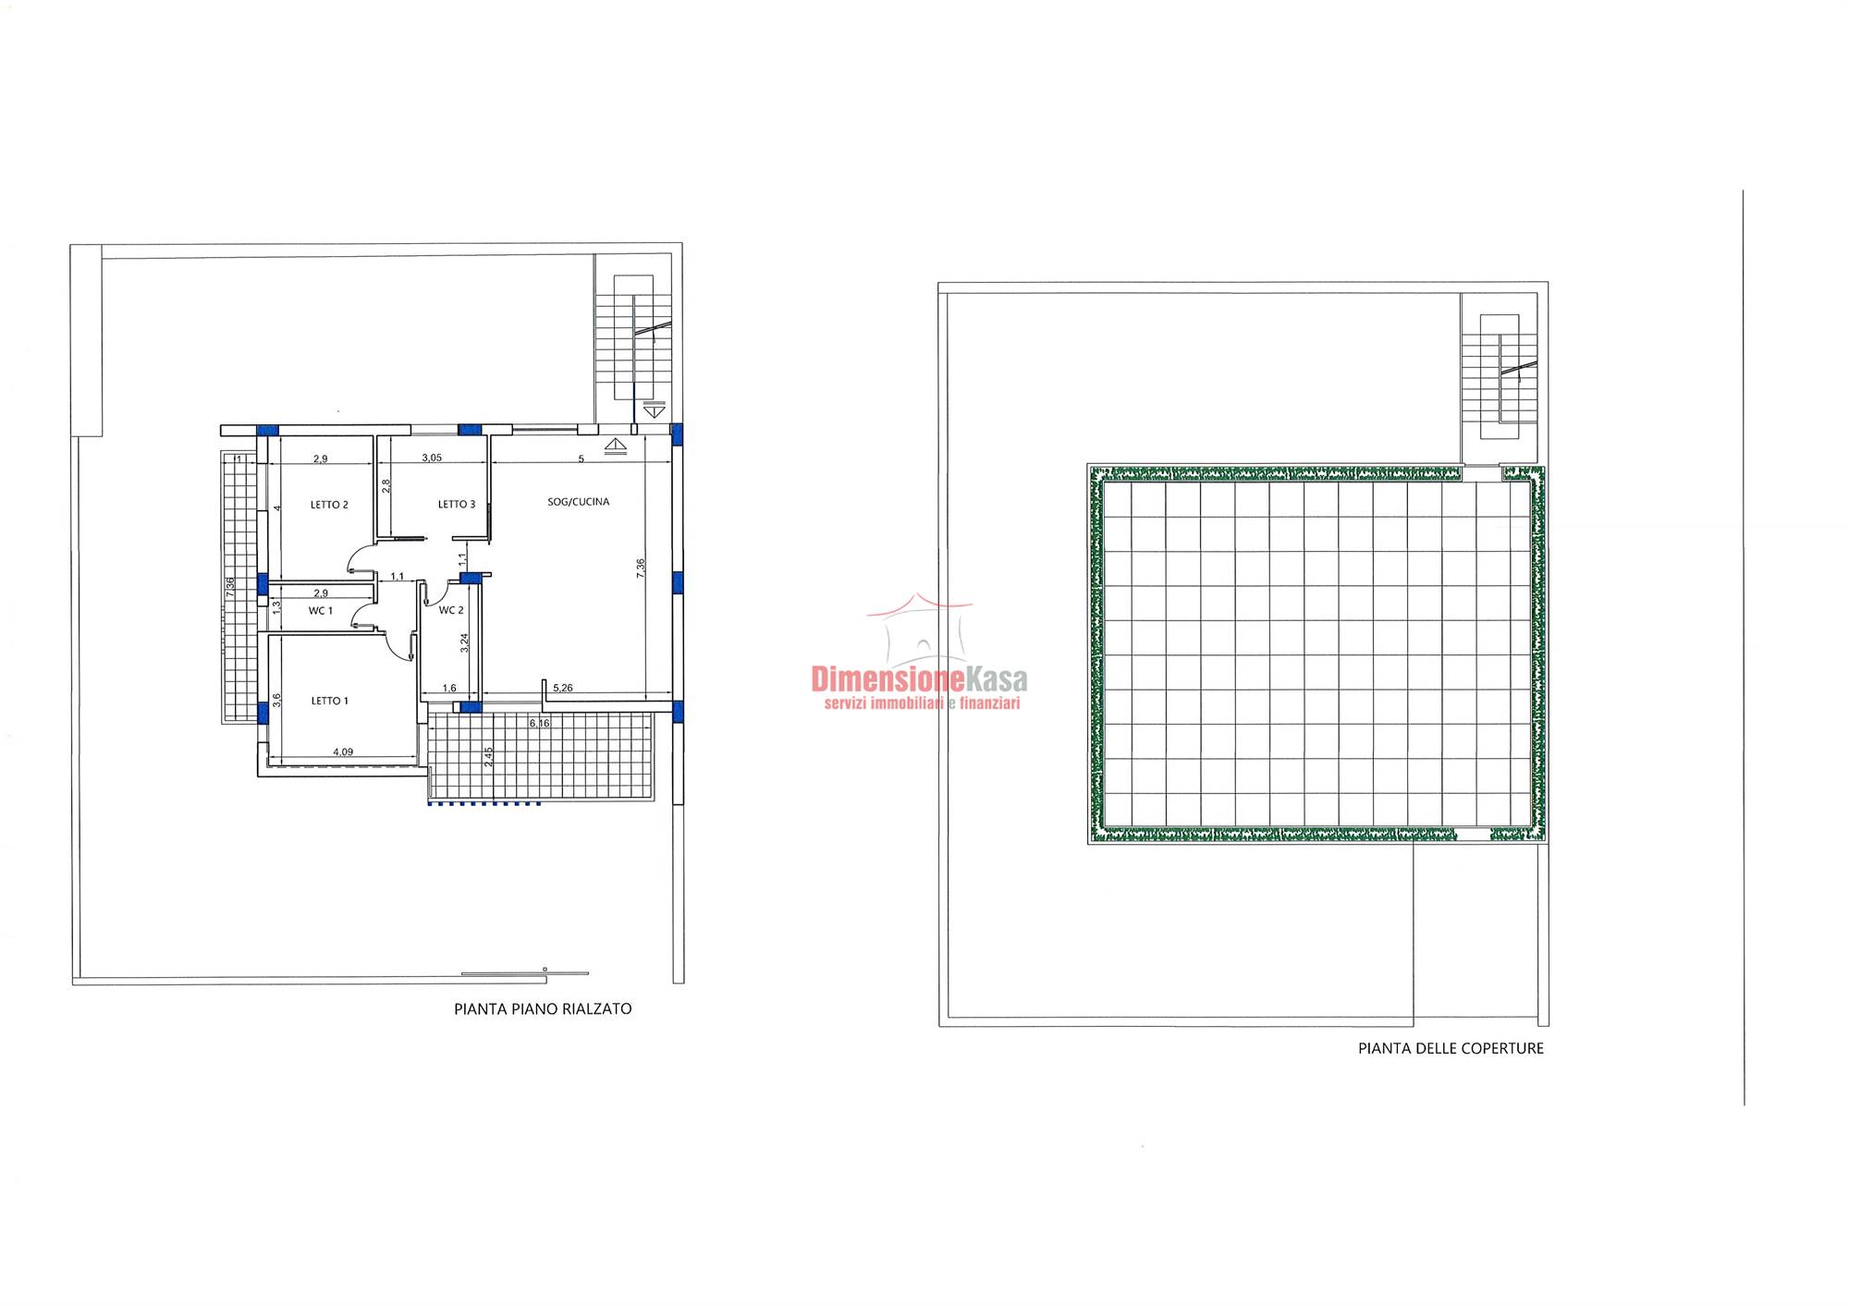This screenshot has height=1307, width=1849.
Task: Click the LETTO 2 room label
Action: point(329,505)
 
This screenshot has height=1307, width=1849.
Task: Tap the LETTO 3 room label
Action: point(457,504)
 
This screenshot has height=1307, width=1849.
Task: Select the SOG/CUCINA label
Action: point(579,502)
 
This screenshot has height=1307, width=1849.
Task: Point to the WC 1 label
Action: point(321,611)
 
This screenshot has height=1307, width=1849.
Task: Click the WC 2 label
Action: point(451,610)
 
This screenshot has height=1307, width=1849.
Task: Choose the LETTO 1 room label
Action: point(330,701)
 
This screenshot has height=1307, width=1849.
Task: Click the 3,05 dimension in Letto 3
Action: point(432,458)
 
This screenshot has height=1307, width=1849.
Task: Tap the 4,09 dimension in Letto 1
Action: point(343,751)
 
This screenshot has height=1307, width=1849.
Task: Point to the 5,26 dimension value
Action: point(563,688)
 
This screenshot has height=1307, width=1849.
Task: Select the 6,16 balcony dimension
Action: point(539,723)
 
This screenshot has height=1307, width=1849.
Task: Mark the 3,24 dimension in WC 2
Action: point(465,642)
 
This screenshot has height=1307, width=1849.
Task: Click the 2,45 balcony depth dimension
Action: point(489,757)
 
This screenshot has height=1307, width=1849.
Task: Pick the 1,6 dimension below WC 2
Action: point(449,688)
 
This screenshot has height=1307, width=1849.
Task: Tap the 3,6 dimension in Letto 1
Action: point(276,701)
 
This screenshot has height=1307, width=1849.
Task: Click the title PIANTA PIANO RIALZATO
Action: point(543,1009)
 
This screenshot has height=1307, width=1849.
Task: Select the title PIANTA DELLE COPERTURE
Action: point(1451,1048)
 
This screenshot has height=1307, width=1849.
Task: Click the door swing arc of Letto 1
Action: point(399,647)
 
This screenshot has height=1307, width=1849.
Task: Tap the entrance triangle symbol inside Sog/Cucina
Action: point(616,446)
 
